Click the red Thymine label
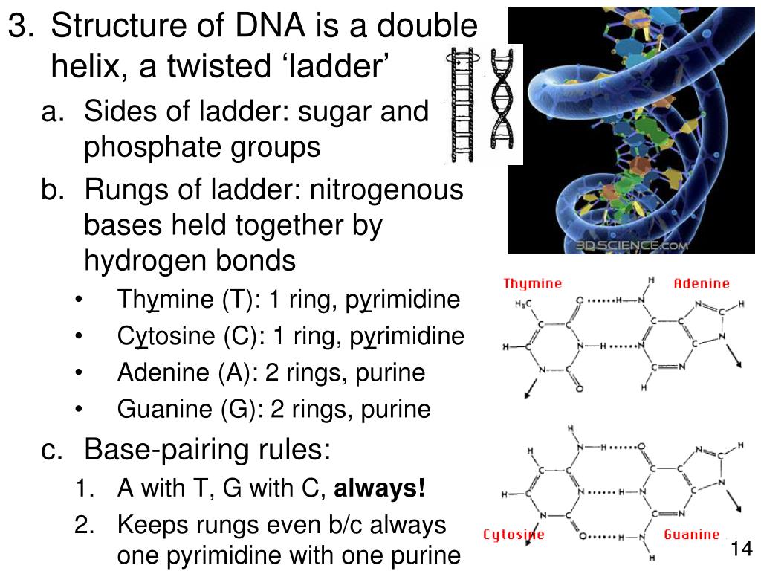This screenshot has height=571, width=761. (532, 283)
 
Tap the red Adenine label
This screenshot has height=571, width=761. (702, 283)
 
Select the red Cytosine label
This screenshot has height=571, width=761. (514, 535)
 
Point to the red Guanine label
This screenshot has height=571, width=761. (692, 535)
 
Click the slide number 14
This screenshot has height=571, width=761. (742, 549)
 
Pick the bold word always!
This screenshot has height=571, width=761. (380, 488)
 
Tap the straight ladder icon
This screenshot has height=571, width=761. (462, 104)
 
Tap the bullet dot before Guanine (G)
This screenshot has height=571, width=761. (80, 410)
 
